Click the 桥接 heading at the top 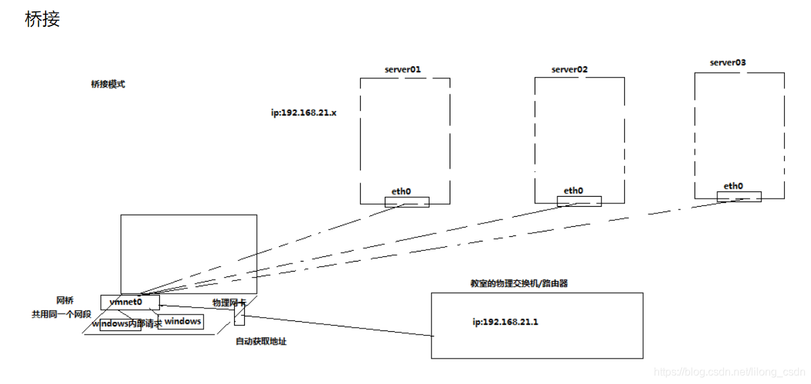(42, 19)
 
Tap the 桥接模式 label (108, 85)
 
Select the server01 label (403, 69)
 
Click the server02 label (569, 69)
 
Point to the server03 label (728, 62)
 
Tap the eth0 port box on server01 (407, 201)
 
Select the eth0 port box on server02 (579, 201)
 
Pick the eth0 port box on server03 (739, 196)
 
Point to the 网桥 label (65, 300)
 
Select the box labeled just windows (181, 322)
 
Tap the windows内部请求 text (127, 324)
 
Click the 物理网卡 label (229, 302)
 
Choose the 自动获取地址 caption (261, 341)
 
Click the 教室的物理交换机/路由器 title (519, 283)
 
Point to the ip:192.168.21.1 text (505, 322)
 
